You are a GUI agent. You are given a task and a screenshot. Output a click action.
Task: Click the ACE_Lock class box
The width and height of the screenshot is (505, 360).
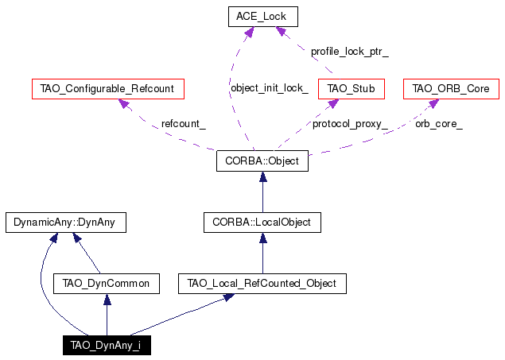point(262,17)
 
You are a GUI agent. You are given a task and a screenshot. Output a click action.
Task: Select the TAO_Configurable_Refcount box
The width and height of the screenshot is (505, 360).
point(108,89)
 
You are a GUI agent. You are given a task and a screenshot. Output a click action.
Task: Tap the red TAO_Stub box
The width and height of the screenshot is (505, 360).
point(351,89)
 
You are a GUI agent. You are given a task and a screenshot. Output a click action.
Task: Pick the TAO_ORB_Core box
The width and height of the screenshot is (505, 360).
point(451,89)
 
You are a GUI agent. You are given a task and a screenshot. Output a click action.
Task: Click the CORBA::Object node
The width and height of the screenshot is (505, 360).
point(262,161)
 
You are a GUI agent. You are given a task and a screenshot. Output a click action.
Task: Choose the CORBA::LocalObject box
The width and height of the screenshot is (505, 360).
point(262,222)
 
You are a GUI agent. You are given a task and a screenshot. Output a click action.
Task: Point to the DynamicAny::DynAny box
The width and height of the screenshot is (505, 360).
point(66,222)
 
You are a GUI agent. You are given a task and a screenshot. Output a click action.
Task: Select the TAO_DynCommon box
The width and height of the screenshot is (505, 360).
point(107,284)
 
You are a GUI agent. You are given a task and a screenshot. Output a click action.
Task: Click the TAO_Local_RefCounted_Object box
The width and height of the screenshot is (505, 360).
point(262,284)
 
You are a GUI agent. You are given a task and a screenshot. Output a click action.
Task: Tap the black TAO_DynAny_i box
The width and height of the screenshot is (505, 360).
point(107,345)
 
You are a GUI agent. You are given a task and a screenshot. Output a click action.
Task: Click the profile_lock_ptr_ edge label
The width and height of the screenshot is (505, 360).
point(349,52)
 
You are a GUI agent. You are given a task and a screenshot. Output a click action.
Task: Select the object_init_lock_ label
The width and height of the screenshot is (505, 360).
point(270,88)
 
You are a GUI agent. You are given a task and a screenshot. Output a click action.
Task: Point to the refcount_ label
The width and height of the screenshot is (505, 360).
point(183,123)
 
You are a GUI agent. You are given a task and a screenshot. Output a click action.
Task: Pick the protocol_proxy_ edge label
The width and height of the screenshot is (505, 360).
point(350,124)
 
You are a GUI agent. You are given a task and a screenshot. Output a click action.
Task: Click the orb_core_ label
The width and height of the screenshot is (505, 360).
point(439,124)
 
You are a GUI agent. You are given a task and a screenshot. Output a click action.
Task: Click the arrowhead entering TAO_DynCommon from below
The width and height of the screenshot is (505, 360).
point(107,300)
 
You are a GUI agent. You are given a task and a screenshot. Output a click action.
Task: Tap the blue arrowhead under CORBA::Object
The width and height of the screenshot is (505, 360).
point(263,177)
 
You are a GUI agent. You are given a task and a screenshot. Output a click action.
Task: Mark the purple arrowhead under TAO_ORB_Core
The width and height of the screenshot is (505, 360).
point(433,103)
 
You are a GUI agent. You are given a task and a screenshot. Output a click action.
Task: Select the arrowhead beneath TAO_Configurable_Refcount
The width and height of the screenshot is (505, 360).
point(124,103)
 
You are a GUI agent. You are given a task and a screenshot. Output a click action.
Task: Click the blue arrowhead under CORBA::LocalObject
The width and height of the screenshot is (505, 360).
point(263,238)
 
